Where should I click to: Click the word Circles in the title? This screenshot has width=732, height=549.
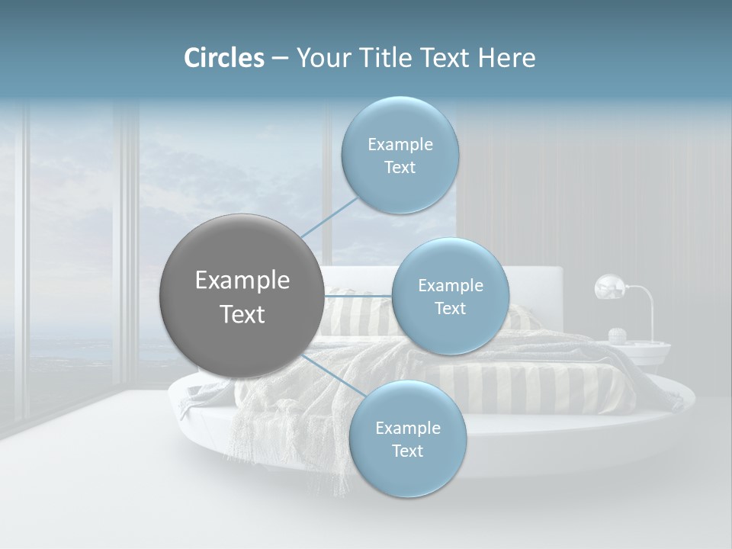[223, 58]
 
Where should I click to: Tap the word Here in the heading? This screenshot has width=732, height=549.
[506, 58]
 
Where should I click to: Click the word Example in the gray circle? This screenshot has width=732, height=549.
[242, 281]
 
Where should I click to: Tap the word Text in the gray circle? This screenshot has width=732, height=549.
[242, 314]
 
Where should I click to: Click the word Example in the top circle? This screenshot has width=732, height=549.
[400, 145]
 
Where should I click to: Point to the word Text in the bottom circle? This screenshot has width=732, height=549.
[407, 451]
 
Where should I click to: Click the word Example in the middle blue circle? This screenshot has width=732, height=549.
[450, 286]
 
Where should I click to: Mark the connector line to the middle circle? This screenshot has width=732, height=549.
[358, 295]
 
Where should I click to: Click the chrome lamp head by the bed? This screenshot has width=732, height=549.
[609, 287]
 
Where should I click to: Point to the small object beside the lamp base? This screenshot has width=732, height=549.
[618, 334]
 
